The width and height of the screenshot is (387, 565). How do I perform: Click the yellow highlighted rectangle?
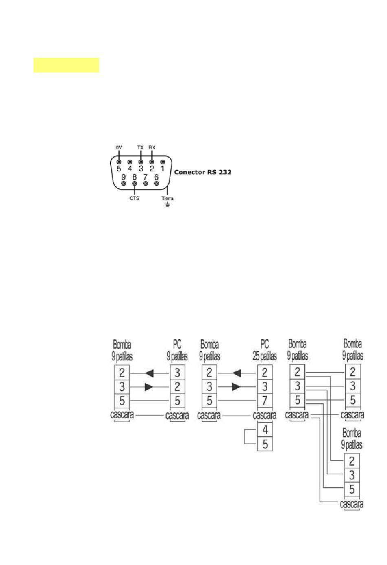pyautogui.click(x=66, y=65)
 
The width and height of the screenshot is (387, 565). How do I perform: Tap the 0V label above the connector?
pyautogui.click(x=119, y=147)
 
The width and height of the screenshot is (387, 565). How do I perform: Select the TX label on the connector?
pyautogui.click(x=140, y=147)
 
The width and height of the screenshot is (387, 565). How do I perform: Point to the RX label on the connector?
pyautogui.click(x=152, y=147)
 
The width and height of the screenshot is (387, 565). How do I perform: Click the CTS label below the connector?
pyautogui.click(x=134, y=198)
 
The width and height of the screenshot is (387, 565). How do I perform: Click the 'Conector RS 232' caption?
pyautogui.click(x=203, y=172)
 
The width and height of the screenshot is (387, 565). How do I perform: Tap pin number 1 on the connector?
pyautogui.click(x=163, y=168)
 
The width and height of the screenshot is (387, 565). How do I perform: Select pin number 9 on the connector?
pyautogui.click(x=123, y=177)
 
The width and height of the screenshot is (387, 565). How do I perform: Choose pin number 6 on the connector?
pyautogui.click(x=156, y=177)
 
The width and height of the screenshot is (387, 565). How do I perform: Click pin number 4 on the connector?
pyautogui.click(x=130, y=168)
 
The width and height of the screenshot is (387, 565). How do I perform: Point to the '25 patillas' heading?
pyautogui.click(x=265, y=356)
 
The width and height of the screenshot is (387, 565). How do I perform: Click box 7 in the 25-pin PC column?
pyautogui.click(x=265, y=400)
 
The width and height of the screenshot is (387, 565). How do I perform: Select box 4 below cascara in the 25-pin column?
pyautogui.click(x=265, y=430)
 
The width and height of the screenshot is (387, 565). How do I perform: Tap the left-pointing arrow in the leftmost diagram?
pyautogui.click(x=150, y=373)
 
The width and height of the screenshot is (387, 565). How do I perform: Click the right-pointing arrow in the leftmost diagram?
pyautogui.click(x=149, y=387)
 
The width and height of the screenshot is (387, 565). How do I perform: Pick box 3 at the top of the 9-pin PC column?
pyautogui.click(x=177, y=373)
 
